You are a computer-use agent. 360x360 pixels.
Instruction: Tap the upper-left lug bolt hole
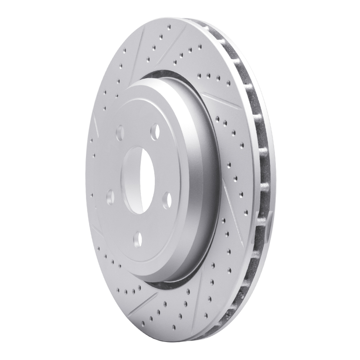click(120, 132)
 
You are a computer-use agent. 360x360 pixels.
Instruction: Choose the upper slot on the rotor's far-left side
click(96, 124)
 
